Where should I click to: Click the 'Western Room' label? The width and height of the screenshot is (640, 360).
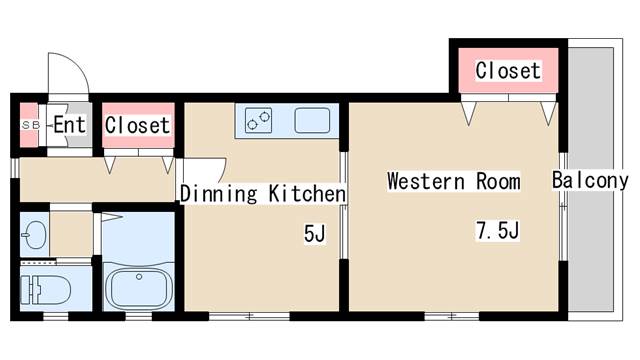(x=453, y=181)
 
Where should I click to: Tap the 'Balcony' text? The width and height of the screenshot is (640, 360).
(x=590, y=180)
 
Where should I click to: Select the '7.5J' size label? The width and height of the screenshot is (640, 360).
(x=498, y=230)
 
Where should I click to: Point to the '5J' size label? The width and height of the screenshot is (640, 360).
(x=314, y=233)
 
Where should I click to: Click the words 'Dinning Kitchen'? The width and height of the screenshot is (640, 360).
(x=263, y=193)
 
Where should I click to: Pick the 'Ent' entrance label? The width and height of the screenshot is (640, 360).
(x=70, y=124)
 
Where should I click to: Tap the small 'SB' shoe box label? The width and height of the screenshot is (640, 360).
(x=31, y=125)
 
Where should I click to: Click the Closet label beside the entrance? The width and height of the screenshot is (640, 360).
(x=137, y=125)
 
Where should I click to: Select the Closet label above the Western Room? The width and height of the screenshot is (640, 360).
(x=508, y=70)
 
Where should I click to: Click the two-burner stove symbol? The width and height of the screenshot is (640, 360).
(x=258, y=120)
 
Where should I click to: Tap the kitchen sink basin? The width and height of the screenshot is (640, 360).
(x=312, y=120)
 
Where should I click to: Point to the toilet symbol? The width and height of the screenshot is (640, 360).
(x=45, y=290)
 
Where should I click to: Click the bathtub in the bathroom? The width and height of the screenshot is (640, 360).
(x=139, y=287)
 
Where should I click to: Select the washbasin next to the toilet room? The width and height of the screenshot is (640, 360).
(x=34, y=235)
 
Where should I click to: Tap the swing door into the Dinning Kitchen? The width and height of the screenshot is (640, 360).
(x=204, y=170)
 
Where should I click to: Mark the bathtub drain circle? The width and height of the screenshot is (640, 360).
(x=139, y=277)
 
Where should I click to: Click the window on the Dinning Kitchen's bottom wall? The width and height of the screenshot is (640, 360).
(x=249, y=316)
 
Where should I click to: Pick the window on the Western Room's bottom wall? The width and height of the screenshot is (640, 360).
(x=452, y=316)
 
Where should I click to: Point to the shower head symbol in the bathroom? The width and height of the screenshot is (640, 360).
(x=111, y=217)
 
